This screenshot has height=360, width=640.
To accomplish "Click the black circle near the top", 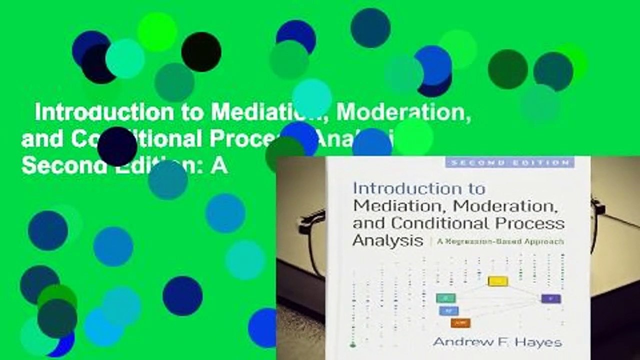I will tap(201, 52).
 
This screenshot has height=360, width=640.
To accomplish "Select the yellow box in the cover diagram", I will tap(497, 281).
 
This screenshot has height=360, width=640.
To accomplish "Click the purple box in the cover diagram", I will tap(550, 298).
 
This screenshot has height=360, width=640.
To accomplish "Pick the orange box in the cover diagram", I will tap(460, 323).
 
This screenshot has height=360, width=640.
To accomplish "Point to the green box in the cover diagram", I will tap(445, 298).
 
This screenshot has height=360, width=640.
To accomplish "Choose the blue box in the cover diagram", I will tap(448, 310).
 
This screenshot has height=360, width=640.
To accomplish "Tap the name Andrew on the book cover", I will tap(459, 342).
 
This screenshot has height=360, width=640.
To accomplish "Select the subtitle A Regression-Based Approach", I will tap(500, 241).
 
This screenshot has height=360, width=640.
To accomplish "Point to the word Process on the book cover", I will tap(535, 223).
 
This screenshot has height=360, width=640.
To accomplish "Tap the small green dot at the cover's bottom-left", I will tap(353, 345).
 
